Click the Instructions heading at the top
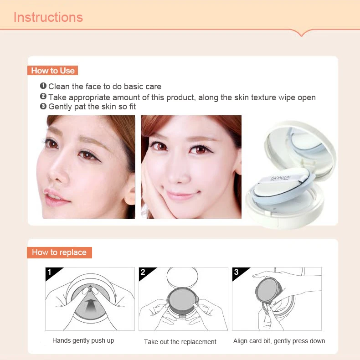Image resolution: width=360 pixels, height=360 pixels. tap(48, 17)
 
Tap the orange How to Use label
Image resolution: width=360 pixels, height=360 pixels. tap(52, 71)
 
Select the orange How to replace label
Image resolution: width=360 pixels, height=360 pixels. tap(59, 252)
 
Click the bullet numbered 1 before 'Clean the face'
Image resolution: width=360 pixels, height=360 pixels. tap(43, 86)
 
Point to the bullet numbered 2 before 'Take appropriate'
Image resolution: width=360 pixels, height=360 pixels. tap(43, 96)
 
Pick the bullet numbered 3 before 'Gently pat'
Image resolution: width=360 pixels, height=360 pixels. tap(43, 106)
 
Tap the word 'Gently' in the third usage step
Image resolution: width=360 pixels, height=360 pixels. tap(60, 107)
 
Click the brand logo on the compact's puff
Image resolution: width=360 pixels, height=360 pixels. tap(280, 178)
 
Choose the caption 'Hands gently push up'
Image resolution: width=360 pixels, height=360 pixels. tap(83, 341)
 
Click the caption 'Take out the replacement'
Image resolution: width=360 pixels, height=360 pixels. tap(180, 342)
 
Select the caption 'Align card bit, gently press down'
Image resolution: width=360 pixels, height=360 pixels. tap(279, 341)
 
